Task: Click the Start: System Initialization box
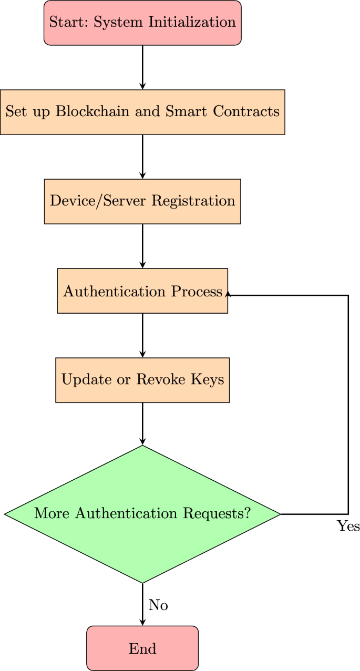[x=142, y=23]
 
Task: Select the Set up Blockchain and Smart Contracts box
[x=142, y=112]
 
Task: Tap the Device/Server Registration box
[x=142, y=201]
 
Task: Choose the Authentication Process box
[x=142, y=291]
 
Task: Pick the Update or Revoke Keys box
[x=142, y=380]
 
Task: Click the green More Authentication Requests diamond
[x=142, y=514]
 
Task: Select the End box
[x=142, y=648]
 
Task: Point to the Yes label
[x=348, y=526]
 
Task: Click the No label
[x=158, y=605]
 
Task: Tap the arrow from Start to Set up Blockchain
[x=142, y=67]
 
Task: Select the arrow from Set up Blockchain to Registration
[x=142, y=157]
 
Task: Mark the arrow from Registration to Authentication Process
[x=142, y=246]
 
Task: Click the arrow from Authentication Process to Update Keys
[x=142, y=335]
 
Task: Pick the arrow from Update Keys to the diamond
[x=142, y=424]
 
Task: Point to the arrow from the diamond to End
[x=142, y=604]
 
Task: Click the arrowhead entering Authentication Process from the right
[x=228, y=295]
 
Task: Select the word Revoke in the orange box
[x=158, y=380]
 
